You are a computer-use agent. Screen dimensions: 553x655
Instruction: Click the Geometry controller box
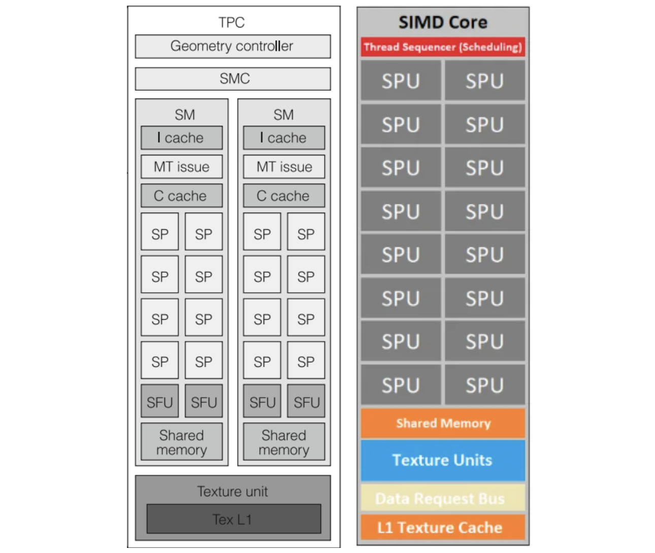pos(233,46)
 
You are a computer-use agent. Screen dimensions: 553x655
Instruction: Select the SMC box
pos(233,79)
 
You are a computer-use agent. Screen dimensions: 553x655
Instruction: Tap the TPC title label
pos(232,22)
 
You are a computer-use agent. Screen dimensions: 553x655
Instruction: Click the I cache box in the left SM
pos(181,137)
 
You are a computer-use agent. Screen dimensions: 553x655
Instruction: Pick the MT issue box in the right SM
pos(284,166)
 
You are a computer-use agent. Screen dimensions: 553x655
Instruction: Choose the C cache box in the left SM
pos(181,196)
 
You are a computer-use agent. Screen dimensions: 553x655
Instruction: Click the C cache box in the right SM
pos(284,196)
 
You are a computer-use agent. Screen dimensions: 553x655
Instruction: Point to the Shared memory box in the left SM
pos(181,442)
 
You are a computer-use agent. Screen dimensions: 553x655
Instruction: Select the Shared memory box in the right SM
pos(284,442)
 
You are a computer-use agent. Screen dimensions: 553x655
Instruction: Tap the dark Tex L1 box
pos(234,519)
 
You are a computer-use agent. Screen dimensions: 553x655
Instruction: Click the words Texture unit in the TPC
pos(233,491)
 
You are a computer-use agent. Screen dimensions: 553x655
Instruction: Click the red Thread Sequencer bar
pos(443,47)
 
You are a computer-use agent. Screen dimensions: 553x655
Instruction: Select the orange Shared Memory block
pos(443,423)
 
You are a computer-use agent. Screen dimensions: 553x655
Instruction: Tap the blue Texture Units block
pos(443,460)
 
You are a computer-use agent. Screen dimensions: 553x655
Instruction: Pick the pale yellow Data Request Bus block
pos(443,498)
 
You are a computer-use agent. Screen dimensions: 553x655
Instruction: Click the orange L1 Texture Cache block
pos(443,528)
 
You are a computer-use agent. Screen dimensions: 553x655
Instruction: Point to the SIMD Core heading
pos(443,22)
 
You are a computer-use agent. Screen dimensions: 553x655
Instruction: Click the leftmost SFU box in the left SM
pos(160,401)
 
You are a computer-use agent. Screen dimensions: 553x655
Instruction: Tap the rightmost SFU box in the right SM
pos(306,401)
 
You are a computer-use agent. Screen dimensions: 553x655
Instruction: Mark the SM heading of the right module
pos(283,115)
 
